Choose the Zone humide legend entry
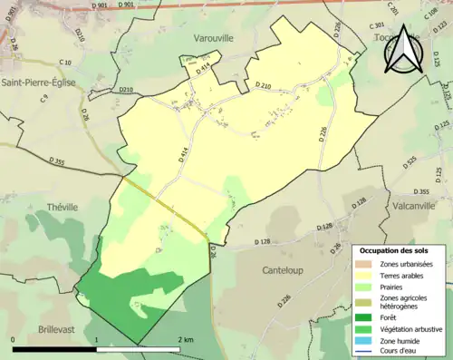402,343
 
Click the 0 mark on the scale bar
14,339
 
